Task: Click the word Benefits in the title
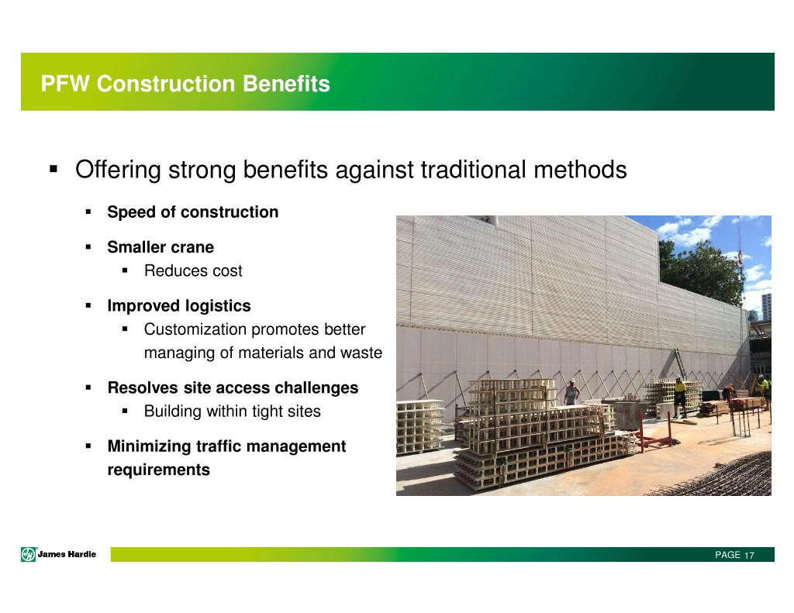286,84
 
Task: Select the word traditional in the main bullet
474,170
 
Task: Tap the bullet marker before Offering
54,169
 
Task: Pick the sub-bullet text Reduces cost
193,270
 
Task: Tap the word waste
361,353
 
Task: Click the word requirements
158,470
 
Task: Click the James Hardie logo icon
29,555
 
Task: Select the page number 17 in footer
749,556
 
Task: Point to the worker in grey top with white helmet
572,392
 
